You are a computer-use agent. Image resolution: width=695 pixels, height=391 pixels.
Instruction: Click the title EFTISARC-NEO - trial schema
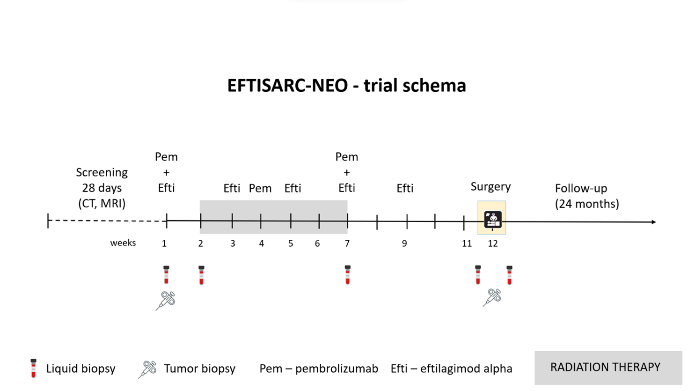point(347,85)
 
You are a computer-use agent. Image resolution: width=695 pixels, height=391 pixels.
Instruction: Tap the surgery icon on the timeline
point(493,220)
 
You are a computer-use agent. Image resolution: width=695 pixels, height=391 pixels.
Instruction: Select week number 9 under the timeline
point(404,243)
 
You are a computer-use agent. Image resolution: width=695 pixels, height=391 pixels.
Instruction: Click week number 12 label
point(493,243)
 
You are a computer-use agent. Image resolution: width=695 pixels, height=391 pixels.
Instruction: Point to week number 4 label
point(262,243)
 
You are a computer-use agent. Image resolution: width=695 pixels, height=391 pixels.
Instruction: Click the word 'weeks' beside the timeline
point(123,243)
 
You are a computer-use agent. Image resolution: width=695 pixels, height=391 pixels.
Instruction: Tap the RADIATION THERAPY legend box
point(608,368)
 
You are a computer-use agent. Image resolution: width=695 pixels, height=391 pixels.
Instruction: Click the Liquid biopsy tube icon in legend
point(34,368)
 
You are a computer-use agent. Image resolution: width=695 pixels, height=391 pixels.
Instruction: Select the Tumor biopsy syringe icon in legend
point(147,369)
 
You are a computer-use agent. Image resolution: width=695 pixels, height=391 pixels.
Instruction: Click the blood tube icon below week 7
point(347,274)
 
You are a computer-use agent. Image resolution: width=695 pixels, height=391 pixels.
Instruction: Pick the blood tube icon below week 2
point(201,275)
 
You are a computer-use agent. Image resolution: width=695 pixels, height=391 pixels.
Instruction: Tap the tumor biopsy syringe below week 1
point(166,300)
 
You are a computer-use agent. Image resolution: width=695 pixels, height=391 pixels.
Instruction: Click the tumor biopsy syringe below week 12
point(492,297)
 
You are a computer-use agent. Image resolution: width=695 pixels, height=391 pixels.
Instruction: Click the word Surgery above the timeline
point(490,187)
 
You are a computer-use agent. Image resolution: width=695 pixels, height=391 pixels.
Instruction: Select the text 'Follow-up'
point(581,188)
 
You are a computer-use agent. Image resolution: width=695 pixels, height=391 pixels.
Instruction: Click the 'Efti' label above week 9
point(405,188)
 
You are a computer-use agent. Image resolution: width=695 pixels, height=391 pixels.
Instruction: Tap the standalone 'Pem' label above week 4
point(260,188)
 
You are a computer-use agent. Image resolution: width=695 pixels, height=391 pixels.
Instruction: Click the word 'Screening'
point(102,172)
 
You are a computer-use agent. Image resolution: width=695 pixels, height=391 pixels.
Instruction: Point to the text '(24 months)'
point(587,204)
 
